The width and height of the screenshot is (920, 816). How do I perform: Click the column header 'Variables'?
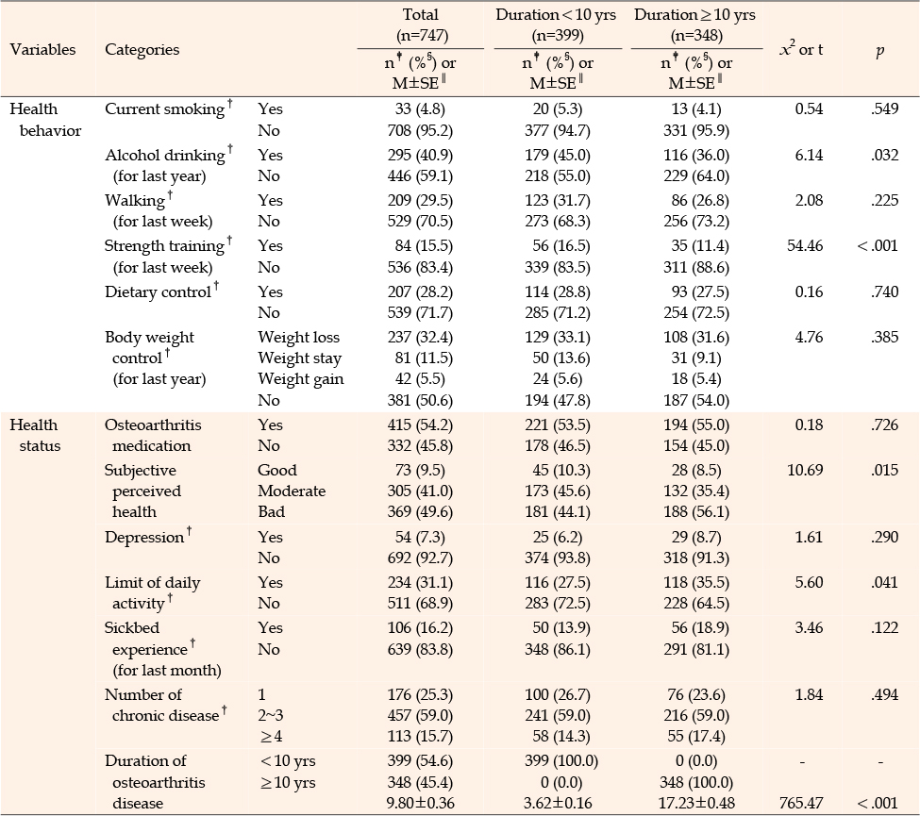(42, 49)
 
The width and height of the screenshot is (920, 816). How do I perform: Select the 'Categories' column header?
(142, 50)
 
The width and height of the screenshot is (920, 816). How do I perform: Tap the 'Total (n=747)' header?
(421, 25)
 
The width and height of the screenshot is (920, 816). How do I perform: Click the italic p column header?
(879, 52)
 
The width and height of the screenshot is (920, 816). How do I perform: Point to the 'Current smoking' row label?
(164, 109)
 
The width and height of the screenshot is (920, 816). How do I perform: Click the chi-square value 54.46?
(805, 245)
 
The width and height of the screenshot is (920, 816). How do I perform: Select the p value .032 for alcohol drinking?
(885, 155)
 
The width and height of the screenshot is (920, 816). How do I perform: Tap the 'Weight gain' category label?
(300, 379)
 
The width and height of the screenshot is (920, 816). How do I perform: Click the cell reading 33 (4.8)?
(420, 109)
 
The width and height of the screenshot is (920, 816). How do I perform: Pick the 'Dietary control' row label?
(158, 292)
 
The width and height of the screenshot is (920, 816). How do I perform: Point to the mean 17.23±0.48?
(696, 803)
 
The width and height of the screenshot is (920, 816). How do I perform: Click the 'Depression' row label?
(144, 538)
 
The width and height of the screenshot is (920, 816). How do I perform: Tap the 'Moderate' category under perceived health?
(292, 491)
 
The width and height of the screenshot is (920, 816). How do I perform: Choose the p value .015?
(885, 470)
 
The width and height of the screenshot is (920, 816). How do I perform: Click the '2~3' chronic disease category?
(270, 716)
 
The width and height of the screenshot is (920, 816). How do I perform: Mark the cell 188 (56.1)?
(696, 512)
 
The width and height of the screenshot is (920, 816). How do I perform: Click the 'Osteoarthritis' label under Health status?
(153, 425)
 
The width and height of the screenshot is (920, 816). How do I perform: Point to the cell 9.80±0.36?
(420, 803)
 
